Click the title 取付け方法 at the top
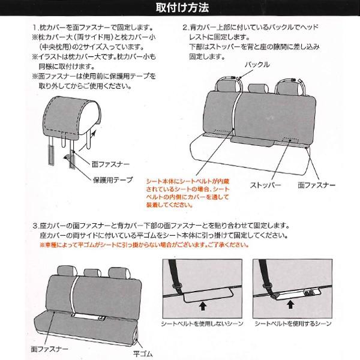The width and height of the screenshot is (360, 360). (x=179, y=8)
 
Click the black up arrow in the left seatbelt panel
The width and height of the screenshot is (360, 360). (x=202, y=305)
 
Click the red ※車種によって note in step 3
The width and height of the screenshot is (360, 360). (x=159, y=246)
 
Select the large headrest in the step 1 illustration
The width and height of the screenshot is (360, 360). (x=65, y=118)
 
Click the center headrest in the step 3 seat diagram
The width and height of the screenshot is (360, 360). (x=90, y=272)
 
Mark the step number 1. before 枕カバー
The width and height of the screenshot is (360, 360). (x=35, y=28)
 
